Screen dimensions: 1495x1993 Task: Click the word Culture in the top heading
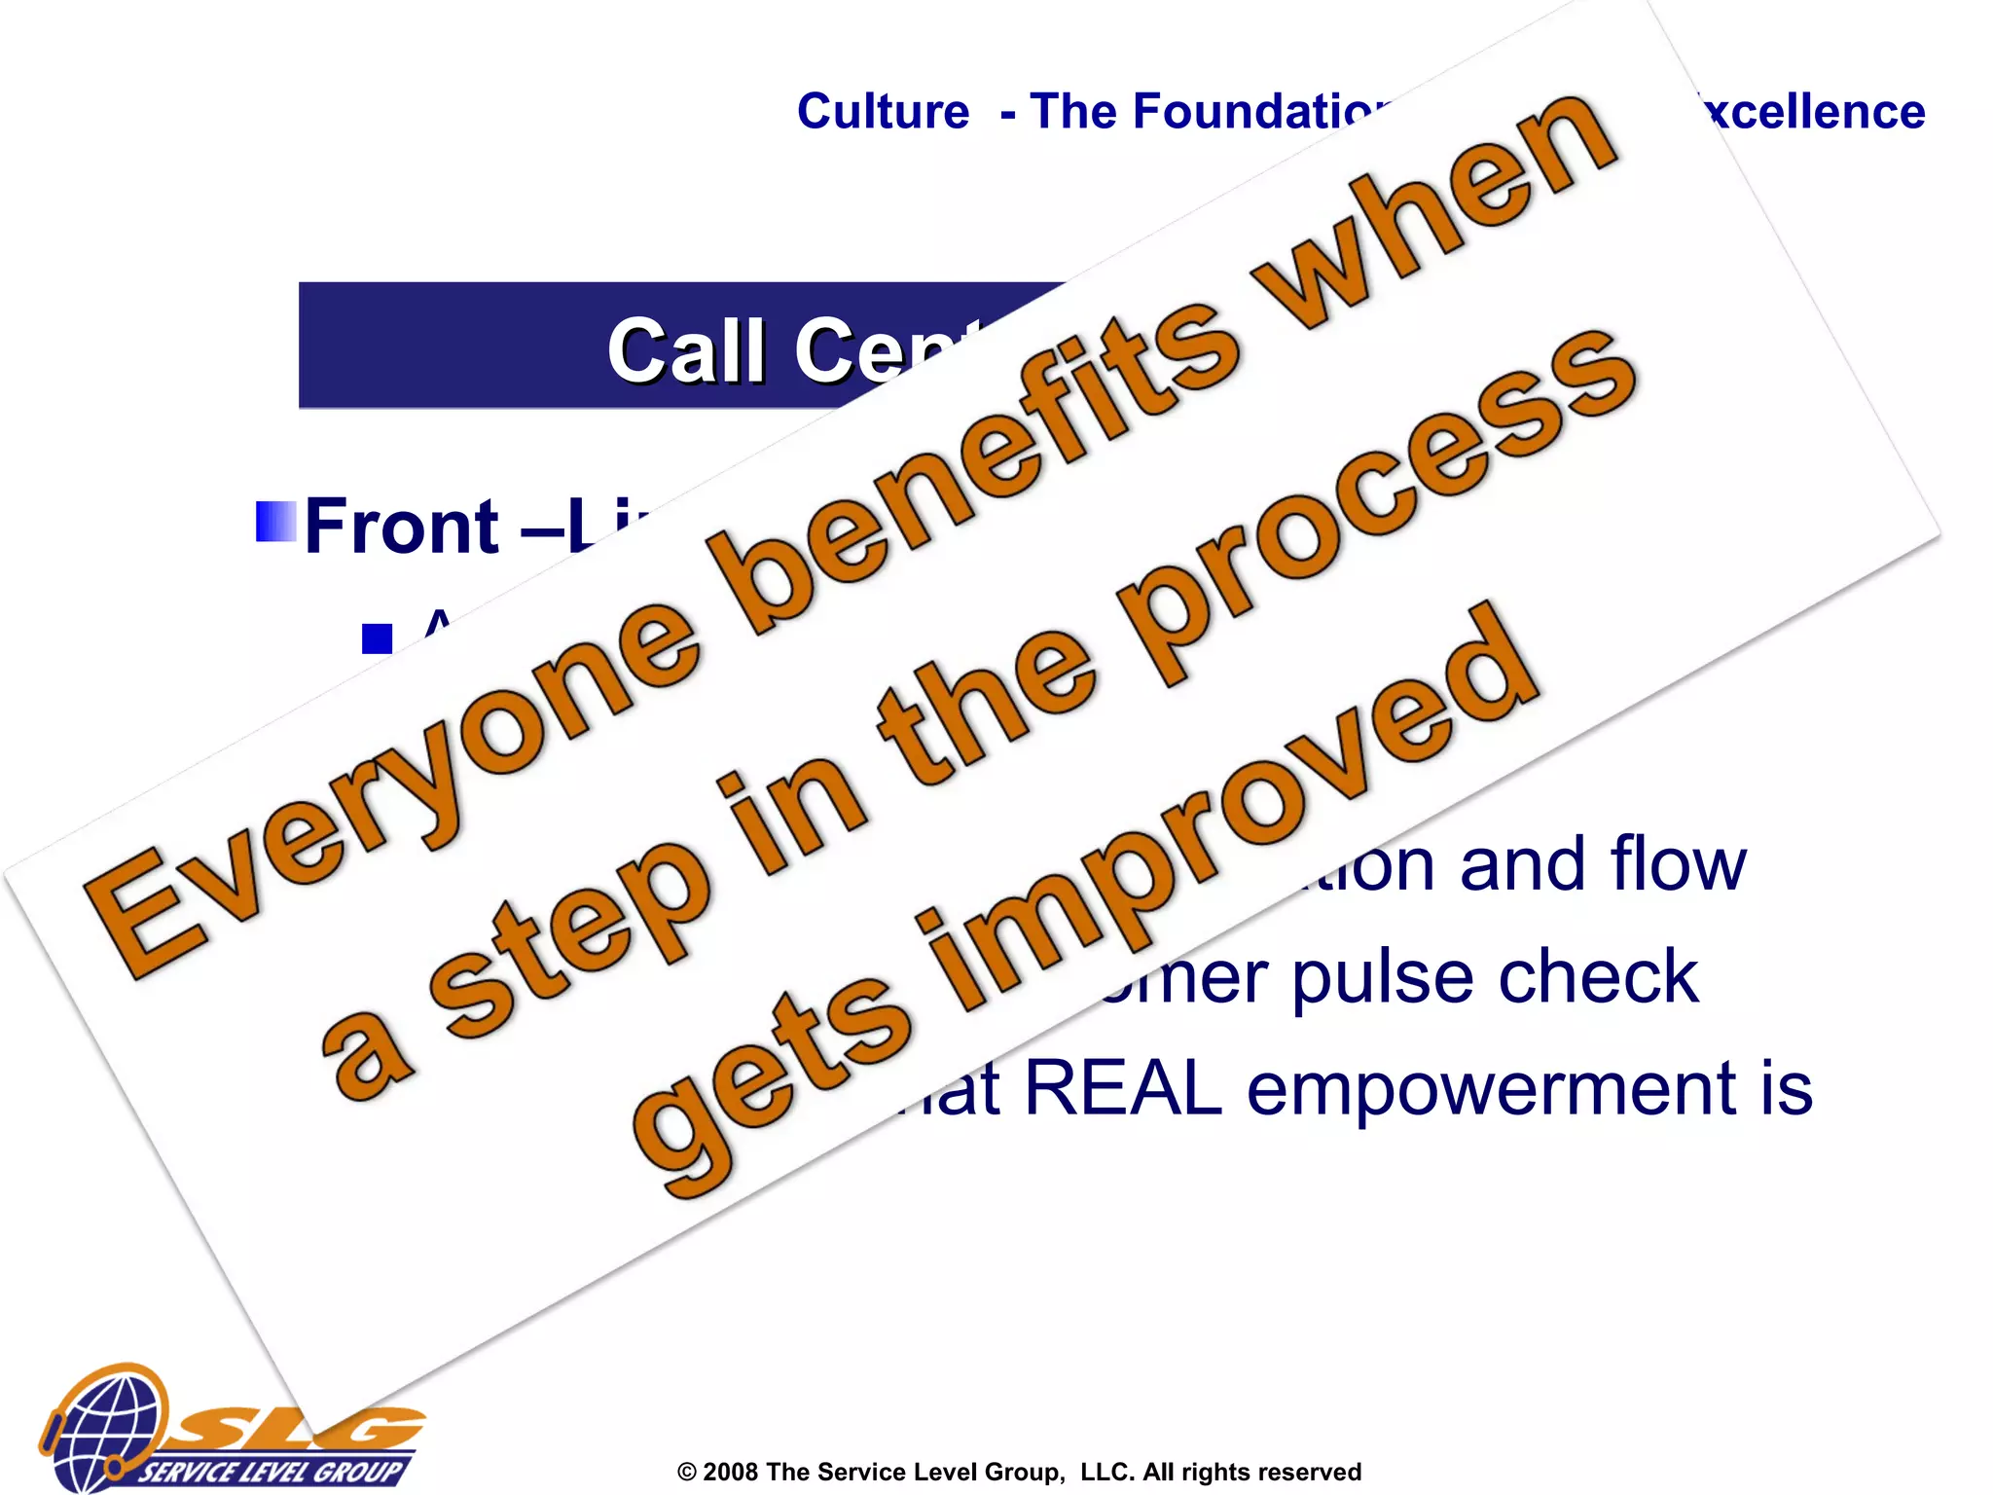pyautogui.click(x=883, y=112)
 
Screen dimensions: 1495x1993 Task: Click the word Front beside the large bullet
pyautogui.click(x=401, y=527)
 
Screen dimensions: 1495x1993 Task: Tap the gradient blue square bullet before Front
pyautogui.click(x=275, y=522)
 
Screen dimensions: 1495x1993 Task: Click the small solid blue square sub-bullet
pyautogui.click(x=377, y=638)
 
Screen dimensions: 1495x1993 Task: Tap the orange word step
pyautogui.click(x=574, y=934)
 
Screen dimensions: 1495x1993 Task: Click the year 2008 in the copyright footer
pyautogui.click(x=730, y=1472)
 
